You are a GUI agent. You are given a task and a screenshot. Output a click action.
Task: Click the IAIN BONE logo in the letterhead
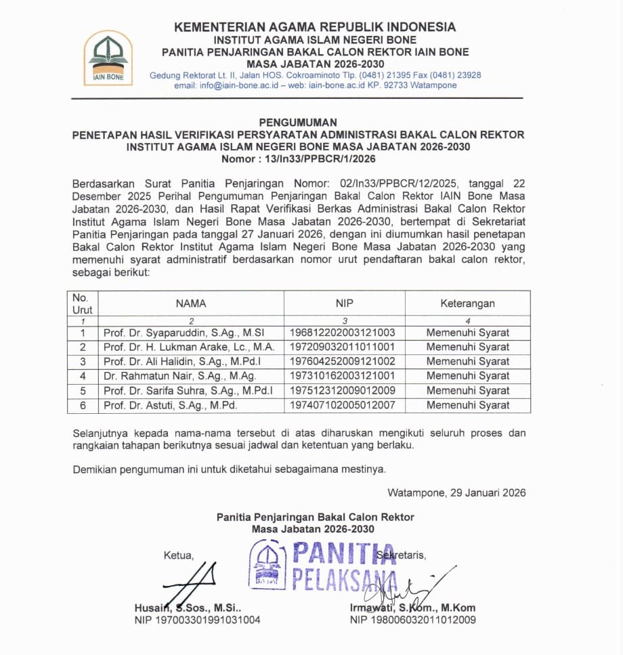point(108,58)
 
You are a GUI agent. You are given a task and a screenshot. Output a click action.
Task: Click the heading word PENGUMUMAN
point(298,123)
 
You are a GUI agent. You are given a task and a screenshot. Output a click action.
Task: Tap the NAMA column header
point(191,304)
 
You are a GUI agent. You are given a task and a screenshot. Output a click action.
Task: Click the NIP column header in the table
point(344,304)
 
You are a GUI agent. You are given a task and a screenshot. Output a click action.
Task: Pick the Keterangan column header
point(467,304)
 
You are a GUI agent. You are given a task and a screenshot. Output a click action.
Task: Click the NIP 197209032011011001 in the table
point(342,347)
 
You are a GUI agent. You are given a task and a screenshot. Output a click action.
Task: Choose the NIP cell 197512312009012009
point(342,391)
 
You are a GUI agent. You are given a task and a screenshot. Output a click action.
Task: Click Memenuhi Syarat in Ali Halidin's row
point(467,362)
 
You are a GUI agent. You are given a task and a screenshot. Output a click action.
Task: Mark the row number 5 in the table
point(83,391)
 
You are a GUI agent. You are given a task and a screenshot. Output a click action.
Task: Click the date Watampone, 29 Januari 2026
point(456,492)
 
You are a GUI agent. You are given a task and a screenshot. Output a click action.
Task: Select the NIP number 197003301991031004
point(197,620)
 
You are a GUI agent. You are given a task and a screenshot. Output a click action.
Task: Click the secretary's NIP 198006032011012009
point(412,620)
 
